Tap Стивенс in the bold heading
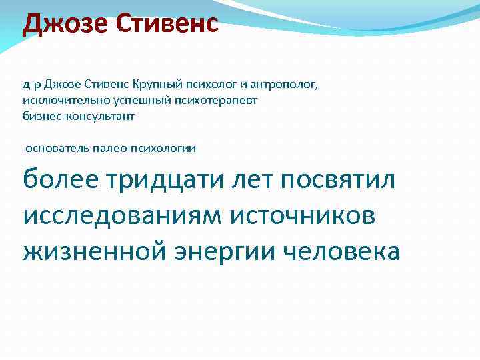click(x=167, y=25)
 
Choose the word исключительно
click(x=59, y=100)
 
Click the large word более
click(x=59, y=179)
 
